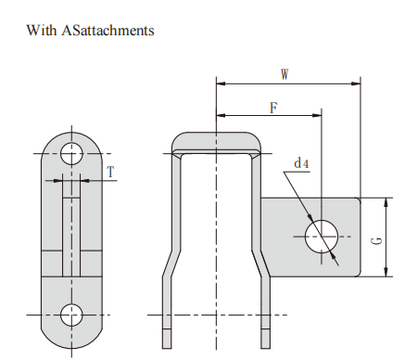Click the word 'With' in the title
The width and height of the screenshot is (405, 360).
pyautogui.click(x=42, y=31)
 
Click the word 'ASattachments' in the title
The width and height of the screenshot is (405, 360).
pyautogui.click(x=108, y=31)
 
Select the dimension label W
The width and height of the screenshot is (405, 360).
pyautogui.click(x=285, y=74)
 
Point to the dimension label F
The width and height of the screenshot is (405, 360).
pyautogui.click(x=273, y=108)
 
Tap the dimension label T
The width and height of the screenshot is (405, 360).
pyautogui.click(x=110, y=172)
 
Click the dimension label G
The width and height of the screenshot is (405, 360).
pyautogui.click(x=376, y=241)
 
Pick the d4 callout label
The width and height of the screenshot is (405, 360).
pyautogui.click(x=301, y=163)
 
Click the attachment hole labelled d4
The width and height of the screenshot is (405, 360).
pyautogui.click(x=322, y=237)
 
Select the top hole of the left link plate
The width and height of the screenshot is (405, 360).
pyautogui.click(x=71, y=154)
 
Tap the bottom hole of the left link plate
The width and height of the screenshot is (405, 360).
pyautogui.click(x=71, y=315)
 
